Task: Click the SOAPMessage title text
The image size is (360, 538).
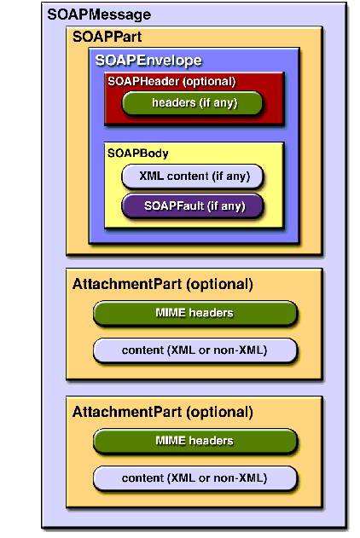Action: click(x=99, y=14)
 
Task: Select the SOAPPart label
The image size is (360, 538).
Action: click(x=107, y=37)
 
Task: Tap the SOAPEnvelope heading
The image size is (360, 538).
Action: click(x=148, y=61)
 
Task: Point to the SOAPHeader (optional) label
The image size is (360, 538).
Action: click(x=171, y=82)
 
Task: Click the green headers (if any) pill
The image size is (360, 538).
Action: click(x=192, y=103)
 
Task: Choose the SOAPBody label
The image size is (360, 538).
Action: click(x=138, y=153)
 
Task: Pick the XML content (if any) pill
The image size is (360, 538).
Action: click(x=192, y=176)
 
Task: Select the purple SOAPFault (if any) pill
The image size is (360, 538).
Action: click(x=192, y=205)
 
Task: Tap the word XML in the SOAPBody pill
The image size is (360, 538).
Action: click(x=151, y=176)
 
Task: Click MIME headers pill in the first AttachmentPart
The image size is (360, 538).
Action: click(x=195, y=313)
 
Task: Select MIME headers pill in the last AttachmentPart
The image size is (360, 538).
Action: click(x=195, y=441)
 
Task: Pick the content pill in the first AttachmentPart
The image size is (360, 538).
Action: click(x=195, y=350)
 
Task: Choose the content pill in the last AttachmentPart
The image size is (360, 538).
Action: click(x=195, y=478)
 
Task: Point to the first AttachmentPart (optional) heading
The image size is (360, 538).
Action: click(x=163, y=285)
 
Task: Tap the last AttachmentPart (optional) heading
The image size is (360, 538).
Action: click(x=163, y=413)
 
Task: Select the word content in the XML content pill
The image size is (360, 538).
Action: click(x=188, y=176)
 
